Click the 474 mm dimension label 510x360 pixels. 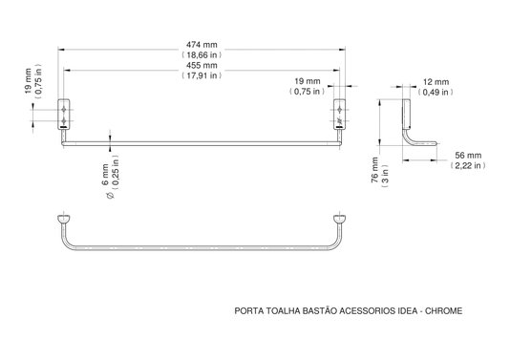202,45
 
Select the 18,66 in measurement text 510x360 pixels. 202,55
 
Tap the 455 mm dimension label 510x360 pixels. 202,65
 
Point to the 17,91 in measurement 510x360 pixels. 202,75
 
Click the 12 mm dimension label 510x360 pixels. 436,82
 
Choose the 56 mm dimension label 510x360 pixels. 468,156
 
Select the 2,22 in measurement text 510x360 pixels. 468,166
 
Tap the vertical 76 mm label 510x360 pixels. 374,169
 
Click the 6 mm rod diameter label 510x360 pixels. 105,175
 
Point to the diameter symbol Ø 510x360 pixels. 110,195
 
